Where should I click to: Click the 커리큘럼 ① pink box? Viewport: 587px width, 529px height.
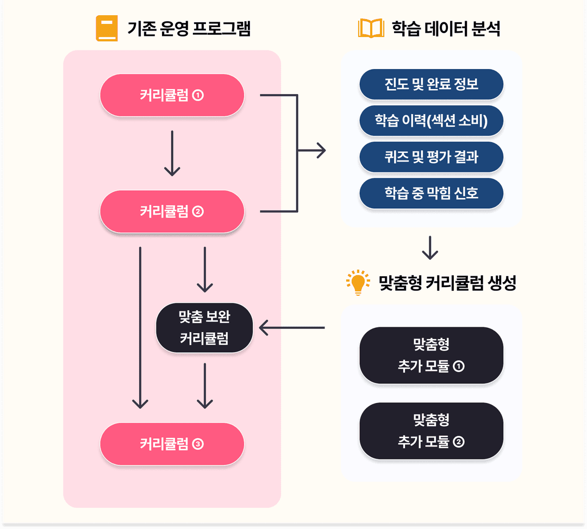[x=172, y=96]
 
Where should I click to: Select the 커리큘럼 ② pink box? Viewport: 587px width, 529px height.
[x=172, y=211]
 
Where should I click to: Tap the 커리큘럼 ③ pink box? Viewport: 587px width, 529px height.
[x=172, y=444]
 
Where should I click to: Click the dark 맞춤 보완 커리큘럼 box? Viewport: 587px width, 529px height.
[x=204, y=328]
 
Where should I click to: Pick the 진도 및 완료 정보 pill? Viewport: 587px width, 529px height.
[x=431, y=85]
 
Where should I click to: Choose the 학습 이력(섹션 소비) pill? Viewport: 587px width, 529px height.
[x=431, y=121]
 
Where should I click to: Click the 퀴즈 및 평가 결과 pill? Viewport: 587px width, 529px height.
[x=431, y=157]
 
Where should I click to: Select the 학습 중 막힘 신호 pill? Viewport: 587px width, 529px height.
[x=431, y=193]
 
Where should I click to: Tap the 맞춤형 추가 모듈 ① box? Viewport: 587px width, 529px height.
[x=431, y=356]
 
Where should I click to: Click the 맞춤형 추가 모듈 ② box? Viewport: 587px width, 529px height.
[x=431, y=431]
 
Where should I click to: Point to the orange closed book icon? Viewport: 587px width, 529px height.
[x=107, y=28]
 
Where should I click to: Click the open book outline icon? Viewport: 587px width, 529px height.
[x=371, y=28]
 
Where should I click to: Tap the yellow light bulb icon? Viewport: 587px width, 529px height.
[x=358, y=283]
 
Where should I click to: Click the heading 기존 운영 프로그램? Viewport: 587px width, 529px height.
[x=189, y=28]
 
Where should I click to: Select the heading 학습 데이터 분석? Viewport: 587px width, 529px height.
[x=446, y=28]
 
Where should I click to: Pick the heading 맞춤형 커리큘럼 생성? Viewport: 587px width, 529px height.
[x=447, y=283]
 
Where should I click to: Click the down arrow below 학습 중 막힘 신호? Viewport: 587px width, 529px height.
[x=430, y=248]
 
